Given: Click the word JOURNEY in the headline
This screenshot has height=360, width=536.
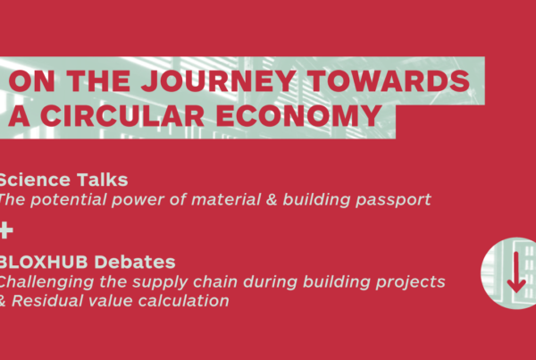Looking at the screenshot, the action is (x=219, y=81).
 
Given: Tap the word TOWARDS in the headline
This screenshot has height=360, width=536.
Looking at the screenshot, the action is (x=389, y=81).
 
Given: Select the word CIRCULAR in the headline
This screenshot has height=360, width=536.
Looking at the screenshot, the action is (x=122, y=115).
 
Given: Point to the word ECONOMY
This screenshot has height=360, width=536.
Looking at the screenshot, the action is (x=299, y=115).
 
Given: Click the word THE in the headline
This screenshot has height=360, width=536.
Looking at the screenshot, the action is (x=98, y=81).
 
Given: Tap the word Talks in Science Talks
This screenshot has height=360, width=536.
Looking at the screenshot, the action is (x=102, y=180).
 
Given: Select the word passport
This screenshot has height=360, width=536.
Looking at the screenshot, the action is (x=393, y=200).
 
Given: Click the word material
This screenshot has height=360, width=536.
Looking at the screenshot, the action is (x=226, y=199).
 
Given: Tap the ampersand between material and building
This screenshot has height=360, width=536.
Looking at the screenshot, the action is (x=272, y=200).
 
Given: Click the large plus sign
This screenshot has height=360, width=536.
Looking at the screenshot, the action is (x=6, y=230).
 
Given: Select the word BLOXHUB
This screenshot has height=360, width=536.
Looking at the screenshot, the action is (x=44, y=263).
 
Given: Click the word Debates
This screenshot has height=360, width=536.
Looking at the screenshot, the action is (x=135, y=263).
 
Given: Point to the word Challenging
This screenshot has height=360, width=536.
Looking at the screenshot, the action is (x=46, y=282).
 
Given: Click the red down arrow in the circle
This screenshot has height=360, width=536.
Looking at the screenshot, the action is (x=516, y=272).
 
